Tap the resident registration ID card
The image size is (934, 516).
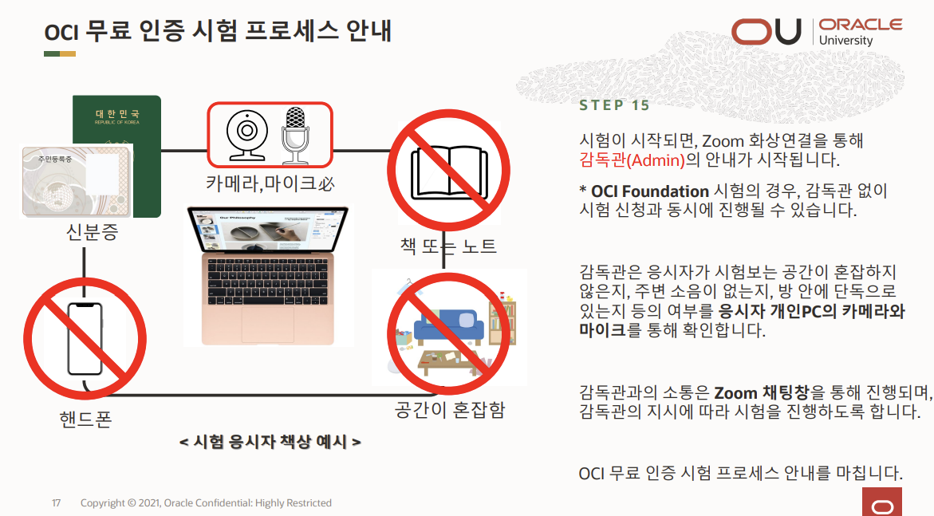(77, 181)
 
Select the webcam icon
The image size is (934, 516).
(246, 135)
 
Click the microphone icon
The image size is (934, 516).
(295, 136)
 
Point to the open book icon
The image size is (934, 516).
(449, 171)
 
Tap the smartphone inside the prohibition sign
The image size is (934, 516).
(85, 339)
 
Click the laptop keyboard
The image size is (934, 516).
(267, 282)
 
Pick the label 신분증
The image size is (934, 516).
(93, 232)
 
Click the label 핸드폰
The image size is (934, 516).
(86, 419)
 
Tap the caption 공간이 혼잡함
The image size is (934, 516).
(450, 409)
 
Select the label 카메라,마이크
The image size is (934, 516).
(261, 183)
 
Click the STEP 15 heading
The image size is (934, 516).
(614, 105)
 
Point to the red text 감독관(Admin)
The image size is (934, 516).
(632, 160)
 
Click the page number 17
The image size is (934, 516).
(57, 503)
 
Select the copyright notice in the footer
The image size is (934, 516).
(206, 503)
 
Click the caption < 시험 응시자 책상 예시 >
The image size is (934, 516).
(270, 442)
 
